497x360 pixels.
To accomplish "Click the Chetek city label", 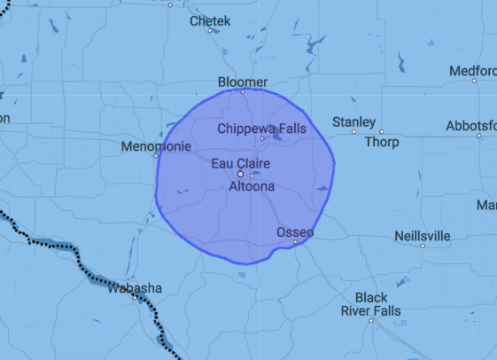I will [210, 20].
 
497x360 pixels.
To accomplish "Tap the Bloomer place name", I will [242, 82].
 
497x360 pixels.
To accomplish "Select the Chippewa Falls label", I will [261, 129].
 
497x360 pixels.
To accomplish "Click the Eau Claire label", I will [240, 163].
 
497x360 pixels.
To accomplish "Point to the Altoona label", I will [252, 187].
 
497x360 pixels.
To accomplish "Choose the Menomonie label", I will [154, 145].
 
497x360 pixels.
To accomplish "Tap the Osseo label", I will [295, 231].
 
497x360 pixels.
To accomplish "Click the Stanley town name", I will [353, 121].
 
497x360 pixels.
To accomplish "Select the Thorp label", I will [382, 142].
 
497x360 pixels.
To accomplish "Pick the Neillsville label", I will [422, 237].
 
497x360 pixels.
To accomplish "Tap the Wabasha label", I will [134, 288].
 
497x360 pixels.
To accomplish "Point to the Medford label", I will [472, 70].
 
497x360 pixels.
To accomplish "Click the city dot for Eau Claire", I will [239, 174].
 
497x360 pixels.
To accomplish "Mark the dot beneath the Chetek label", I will [210, 31].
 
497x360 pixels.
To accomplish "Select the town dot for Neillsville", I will [423, 247].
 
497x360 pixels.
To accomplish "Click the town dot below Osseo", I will [295, 241].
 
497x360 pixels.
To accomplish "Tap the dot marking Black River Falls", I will [371, 320].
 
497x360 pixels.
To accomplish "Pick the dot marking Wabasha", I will [135, 298].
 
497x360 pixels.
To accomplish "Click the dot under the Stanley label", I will [353, 131].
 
